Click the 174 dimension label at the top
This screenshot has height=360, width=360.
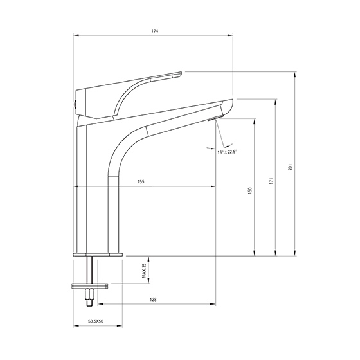tap(155, 31)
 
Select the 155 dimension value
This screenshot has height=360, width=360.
tap(141, 182)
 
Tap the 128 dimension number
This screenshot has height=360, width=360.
tap(153, 300)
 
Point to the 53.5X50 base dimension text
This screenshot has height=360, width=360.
tap(96, 321)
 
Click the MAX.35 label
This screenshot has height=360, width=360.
tap(144, 271)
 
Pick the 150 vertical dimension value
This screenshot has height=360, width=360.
tap(250, 190)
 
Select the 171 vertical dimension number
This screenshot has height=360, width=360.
tap(271, 181)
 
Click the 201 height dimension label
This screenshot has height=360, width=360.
tap(290, 167)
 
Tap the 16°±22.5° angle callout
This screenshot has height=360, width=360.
tap(227, 152)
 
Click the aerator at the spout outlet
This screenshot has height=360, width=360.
tap(214, 118)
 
